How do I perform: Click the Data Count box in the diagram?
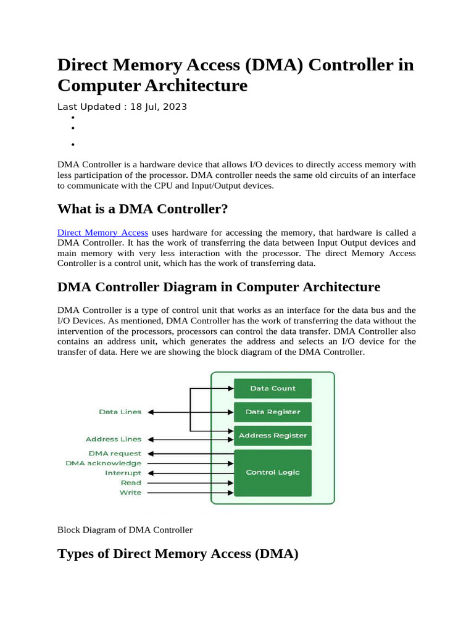(273, 388)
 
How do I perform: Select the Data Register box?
(273, 412)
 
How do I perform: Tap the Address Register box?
(273, 435)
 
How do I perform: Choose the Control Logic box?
(273, 472)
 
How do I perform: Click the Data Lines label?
(120, 412)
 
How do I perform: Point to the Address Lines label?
(113, 439)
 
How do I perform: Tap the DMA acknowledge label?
(103, 463)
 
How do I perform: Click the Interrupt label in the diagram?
(123, 473)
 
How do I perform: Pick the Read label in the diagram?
(131, 483)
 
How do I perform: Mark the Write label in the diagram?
(130, 493)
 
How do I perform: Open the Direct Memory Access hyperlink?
(102, 233)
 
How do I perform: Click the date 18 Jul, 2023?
(158, 107)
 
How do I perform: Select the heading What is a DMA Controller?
(143, 209)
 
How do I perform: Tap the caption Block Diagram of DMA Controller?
(125, 530)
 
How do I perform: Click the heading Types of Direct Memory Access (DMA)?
(178, 554)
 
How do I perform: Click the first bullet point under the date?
(72, 117)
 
